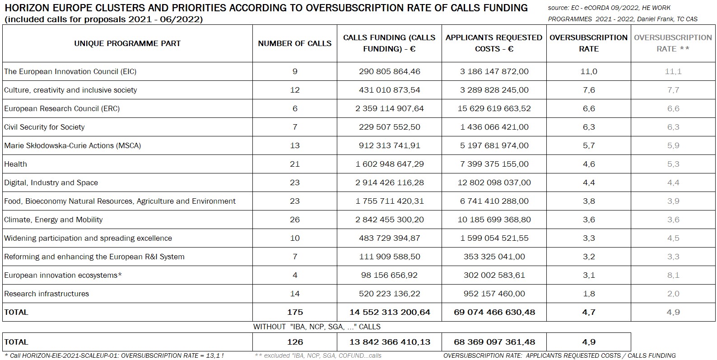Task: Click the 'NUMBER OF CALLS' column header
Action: [x=294, y=43]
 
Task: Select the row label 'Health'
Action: [x=16, y=164]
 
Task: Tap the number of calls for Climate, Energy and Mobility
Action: [x=294, y=220]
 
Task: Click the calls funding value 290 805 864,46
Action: [x=389, y=71]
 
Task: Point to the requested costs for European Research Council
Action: [x=494, y=108]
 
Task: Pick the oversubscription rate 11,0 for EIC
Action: [x=588, y=71]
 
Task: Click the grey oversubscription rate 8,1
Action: [x=673, y=275]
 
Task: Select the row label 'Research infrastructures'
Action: [x=47, y=294]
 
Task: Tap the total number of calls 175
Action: [x=294, y=312]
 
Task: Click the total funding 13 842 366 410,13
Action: [x=389, y=342]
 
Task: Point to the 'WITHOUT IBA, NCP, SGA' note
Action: [x=317, y=327]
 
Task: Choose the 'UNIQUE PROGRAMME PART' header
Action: [x=127, y=43]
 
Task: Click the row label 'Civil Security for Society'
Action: [x=44, y=127]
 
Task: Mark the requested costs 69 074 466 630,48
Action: [x=494, y=312]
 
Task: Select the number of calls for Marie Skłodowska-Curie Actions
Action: [x=294, y=145]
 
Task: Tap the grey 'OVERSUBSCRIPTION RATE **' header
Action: [x=673, y=43]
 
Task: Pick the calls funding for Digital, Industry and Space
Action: [x=389, y=182]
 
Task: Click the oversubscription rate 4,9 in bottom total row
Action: [x=588, y=342]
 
